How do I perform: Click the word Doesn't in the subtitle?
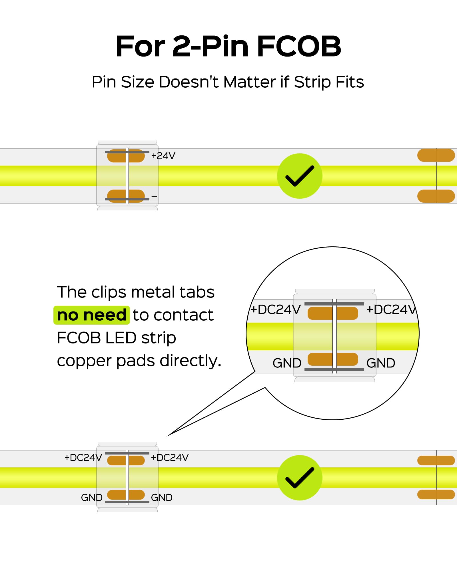189,82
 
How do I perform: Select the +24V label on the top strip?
163,156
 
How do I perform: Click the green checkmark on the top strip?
300,176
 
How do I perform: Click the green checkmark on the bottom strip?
300,478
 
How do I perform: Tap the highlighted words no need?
92,315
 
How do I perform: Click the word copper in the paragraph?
85,361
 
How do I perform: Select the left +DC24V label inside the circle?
276,309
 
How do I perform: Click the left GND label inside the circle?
287,363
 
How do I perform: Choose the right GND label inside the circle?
381,363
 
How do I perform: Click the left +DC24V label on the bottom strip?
83,458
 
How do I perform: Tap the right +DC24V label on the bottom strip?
170,458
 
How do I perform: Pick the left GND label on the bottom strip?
92,498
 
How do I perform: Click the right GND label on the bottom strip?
162,498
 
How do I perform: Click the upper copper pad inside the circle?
333,313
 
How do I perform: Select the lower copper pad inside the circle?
333,359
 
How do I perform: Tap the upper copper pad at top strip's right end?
436,155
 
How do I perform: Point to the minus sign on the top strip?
154,196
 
